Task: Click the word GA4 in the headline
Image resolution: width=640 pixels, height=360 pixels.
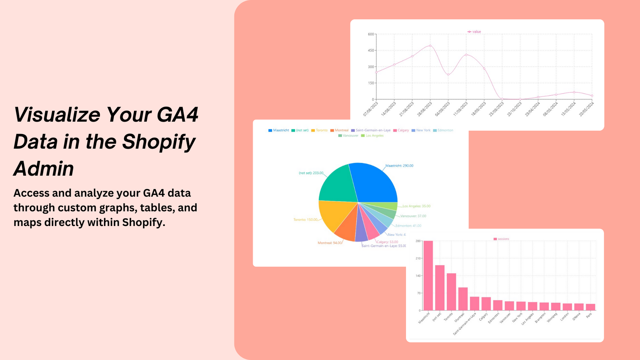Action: click(177, 115)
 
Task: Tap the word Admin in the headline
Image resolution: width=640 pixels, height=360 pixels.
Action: click(44, 168)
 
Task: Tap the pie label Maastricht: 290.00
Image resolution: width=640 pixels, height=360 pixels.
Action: click(399, 166)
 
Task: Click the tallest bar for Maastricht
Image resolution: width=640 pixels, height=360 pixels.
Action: click(428, 276)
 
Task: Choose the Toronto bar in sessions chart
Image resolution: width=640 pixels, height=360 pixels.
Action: click(451, 292)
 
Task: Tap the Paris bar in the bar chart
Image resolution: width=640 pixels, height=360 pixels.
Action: click(590, 307)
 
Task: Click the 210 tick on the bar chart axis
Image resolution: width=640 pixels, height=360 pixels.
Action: click(418, 258)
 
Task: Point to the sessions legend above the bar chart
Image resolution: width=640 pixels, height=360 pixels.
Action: click(502, 239)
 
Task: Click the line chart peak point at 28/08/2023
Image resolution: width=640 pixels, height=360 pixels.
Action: click(430, 46)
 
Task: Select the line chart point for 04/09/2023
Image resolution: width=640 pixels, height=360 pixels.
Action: click(448, 74)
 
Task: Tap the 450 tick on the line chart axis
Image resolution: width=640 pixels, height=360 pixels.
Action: click(371, 50)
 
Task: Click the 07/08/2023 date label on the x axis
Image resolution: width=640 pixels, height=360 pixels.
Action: click(371, 109)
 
